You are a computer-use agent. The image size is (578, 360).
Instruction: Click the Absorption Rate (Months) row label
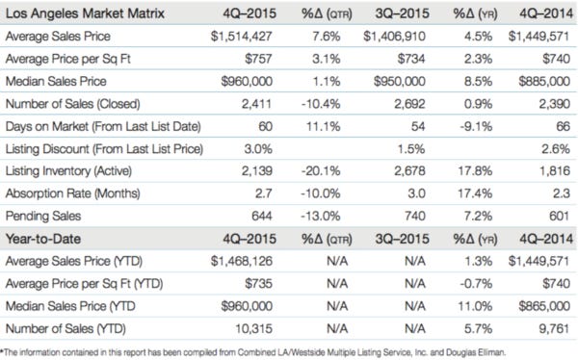coord(68,194)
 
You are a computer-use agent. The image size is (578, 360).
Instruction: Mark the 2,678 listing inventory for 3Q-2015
coord(399,172)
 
